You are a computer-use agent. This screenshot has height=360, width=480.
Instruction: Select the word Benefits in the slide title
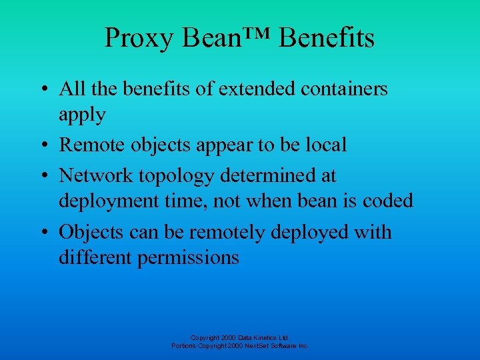click(327, 38)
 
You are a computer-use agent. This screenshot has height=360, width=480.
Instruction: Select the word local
click(324, 145)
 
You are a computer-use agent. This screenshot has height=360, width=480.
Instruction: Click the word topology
click(181, 177)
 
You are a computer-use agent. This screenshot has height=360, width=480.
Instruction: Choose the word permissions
click(188, 258)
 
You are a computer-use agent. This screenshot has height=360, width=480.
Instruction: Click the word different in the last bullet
click(95, 257)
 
